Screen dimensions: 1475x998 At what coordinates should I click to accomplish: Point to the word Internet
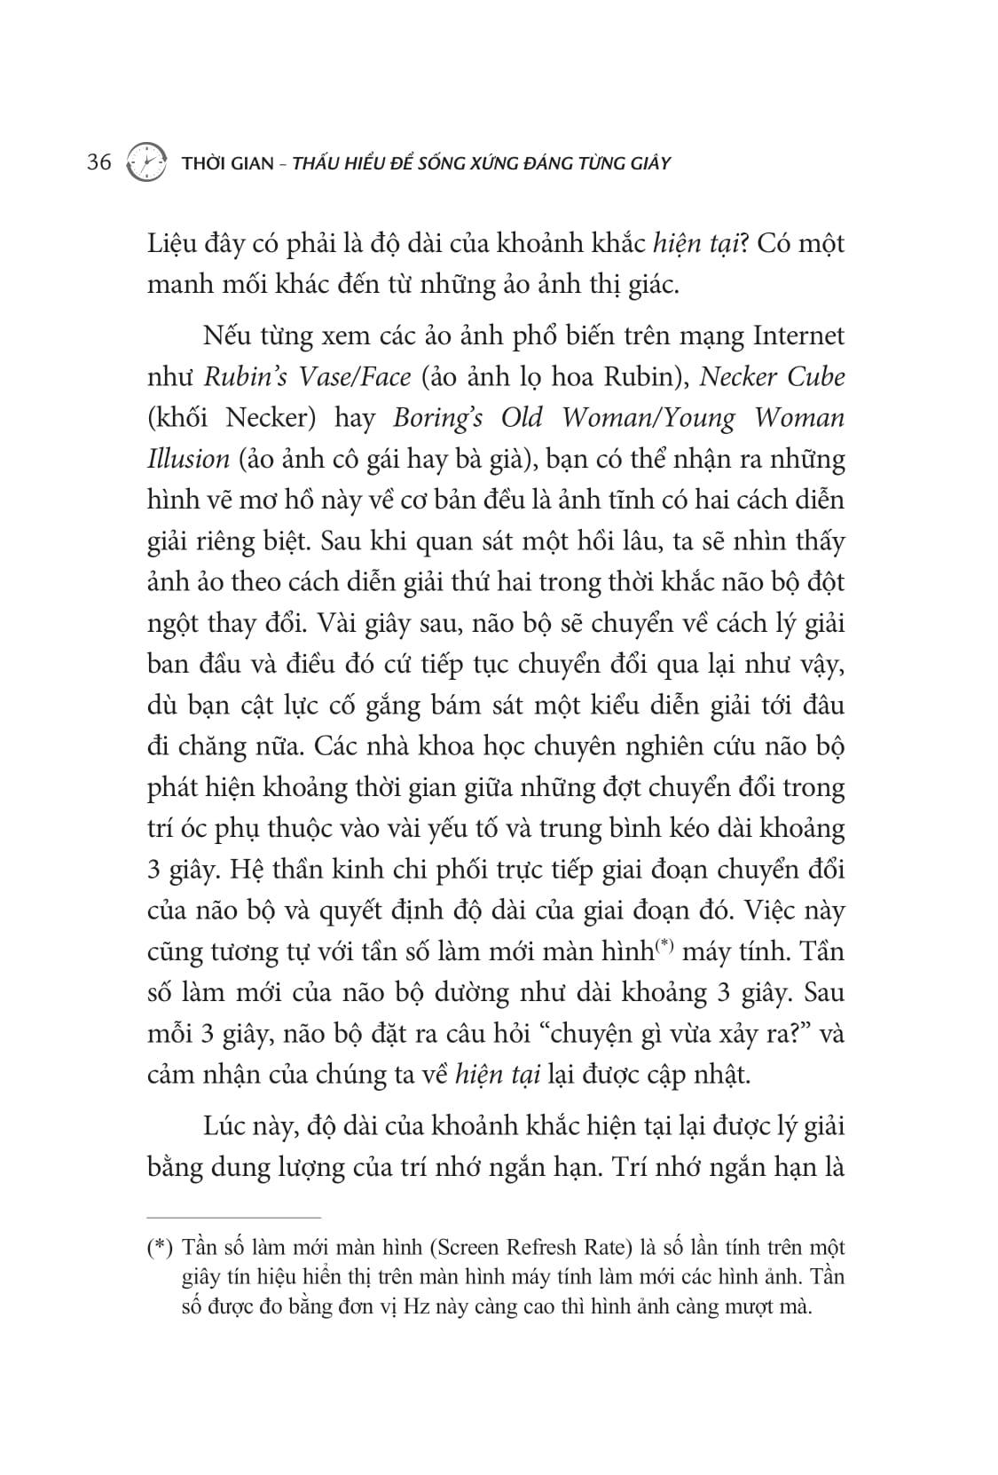(798, 335)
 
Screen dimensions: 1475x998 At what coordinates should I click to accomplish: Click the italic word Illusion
(188, 460)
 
